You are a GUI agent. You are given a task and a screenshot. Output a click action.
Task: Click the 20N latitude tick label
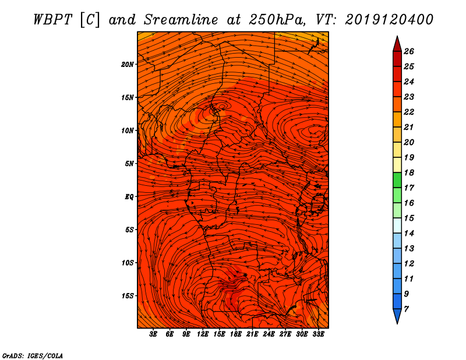(128, 65)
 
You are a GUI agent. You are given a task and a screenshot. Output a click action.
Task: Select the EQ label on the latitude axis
(129, 197)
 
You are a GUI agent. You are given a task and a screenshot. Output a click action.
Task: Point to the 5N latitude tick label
(129, 164)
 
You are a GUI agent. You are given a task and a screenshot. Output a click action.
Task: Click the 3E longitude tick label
(153, 334)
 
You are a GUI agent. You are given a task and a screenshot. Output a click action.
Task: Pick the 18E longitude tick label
(236, 334)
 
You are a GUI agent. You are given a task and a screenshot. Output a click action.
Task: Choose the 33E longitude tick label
(318, 334)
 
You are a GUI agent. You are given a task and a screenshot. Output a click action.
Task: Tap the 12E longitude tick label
(203, 334)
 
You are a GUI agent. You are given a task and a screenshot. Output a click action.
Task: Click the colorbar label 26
(409, 51)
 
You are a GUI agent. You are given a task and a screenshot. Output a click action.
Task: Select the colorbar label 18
(409, 172)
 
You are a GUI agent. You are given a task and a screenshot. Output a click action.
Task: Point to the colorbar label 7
(406, 309)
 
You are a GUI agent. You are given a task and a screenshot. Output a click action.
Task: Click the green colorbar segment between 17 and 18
(397, 180)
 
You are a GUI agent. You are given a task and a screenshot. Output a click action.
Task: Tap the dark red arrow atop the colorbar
(397, 44)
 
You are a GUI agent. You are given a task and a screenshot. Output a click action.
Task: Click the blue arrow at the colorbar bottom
(397, 316)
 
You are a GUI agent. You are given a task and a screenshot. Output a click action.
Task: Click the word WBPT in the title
(52, 20)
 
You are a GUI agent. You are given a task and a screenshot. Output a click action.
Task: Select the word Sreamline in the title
(181, 20)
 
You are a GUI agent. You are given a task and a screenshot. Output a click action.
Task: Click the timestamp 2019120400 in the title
(389, 20)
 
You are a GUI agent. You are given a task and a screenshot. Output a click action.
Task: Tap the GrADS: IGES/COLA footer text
(33, 356)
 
